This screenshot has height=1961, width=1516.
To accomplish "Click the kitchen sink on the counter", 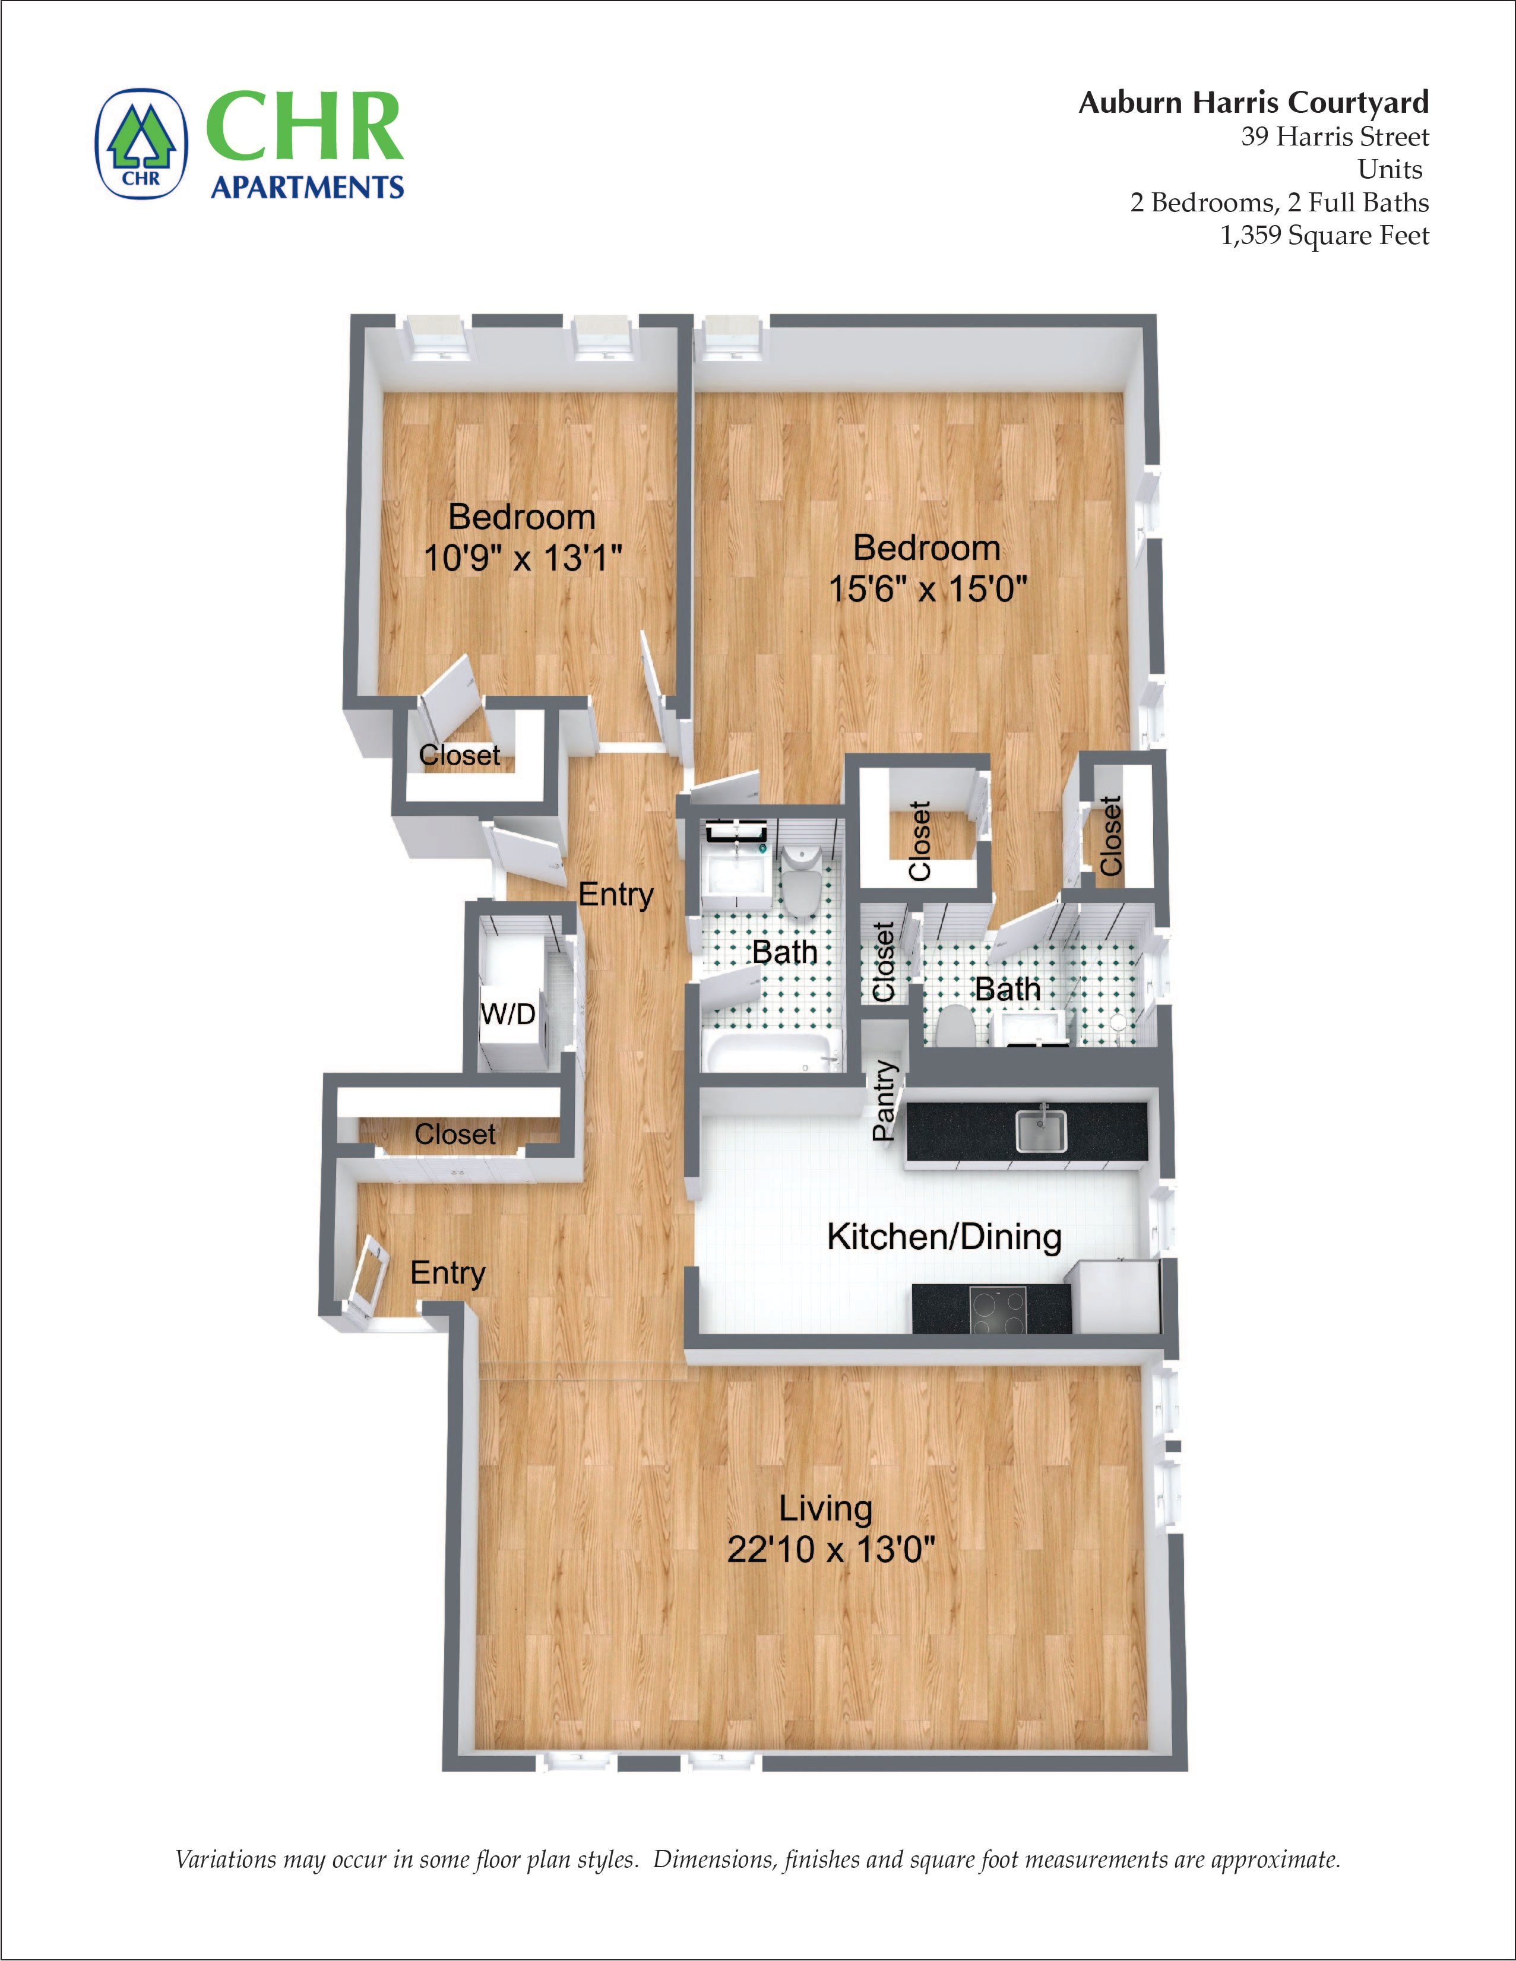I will point(1041,1130).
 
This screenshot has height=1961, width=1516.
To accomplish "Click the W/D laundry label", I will point(508,1013).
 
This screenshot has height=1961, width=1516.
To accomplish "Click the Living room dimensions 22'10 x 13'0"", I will point(831,1550).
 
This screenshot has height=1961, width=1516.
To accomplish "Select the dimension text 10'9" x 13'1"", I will point(523,559).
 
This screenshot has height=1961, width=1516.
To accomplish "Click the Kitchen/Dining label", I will point(944,1237).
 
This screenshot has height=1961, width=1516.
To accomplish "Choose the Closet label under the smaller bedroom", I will point(459,755).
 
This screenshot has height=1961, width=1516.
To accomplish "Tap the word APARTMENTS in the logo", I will point(307,187).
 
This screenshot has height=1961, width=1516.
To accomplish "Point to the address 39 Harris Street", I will point(1334,137).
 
